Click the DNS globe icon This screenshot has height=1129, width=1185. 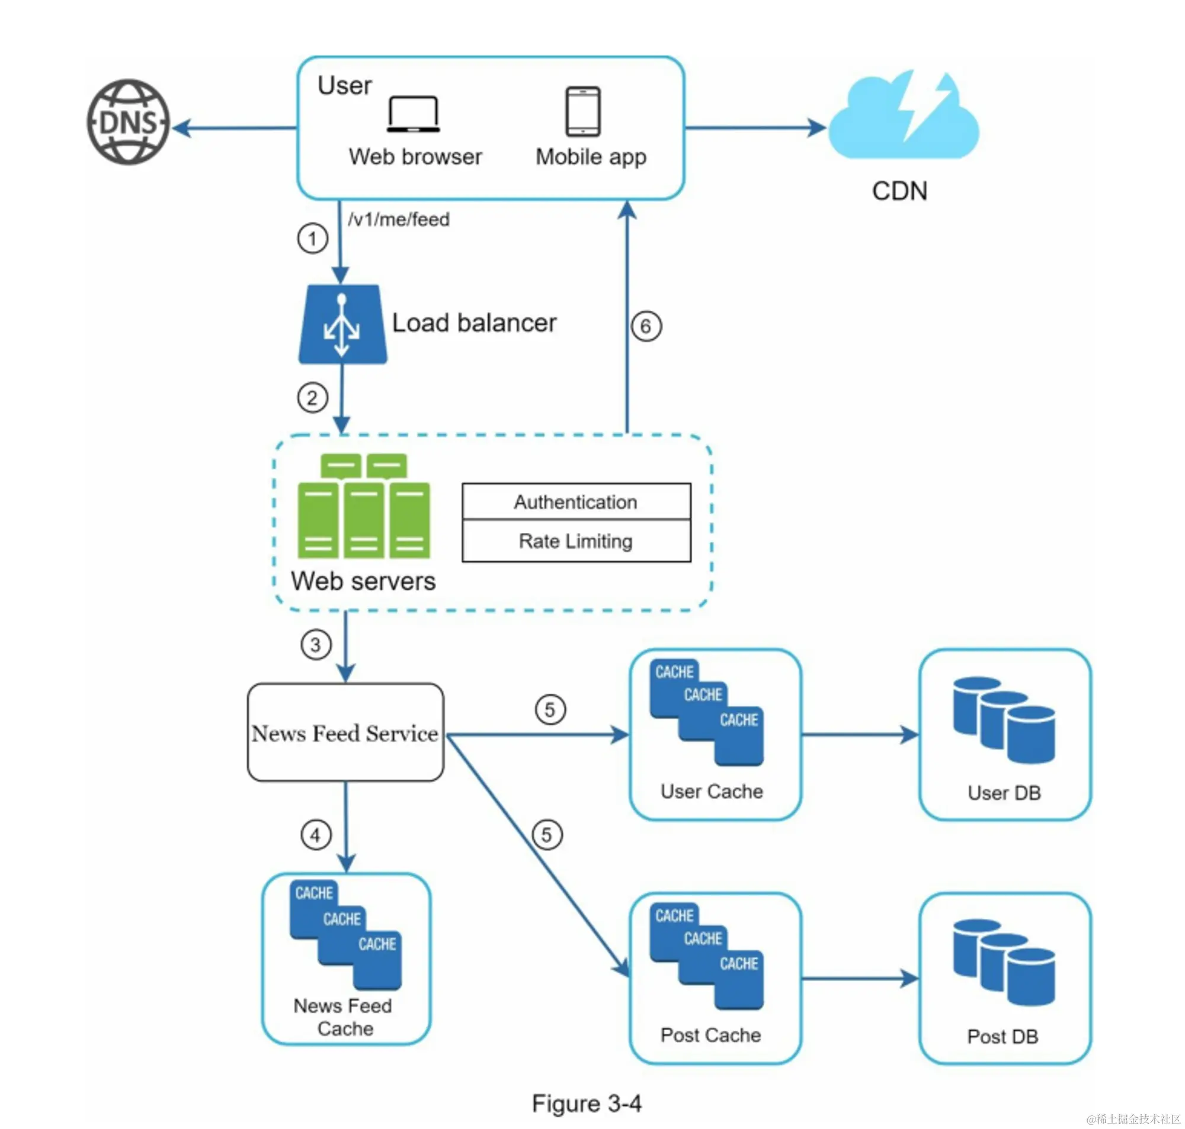[128, 122]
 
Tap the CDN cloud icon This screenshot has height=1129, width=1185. [903, 118]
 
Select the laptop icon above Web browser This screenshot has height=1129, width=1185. [413, 114]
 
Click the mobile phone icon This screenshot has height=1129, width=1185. [583, 112]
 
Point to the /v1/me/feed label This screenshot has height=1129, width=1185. [399, 220]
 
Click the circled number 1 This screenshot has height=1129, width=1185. [312, 239]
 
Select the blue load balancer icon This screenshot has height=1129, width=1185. [342, 325]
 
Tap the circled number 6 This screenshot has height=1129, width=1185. [646, 327]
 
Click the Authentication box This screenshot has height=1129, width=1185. [577, 502]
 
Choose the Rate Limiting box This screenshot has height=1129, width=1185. [577, 541]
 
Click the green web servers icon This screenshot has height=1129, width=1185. [364, 507]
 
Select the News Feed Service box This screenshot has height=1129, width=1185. [345, 732]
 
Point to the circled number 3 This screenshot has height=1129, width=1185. [316, 645]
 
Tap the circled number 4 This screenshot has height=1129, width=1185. [316, 835]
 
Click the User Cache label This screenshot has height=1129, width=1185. [712, 792]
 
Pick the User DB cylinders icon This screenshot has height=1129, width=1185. [1004, 720]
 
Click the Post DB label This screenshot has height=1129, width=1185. [1003, 1036]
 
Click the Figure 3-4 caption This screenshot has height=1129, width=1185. [587, 1104]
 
